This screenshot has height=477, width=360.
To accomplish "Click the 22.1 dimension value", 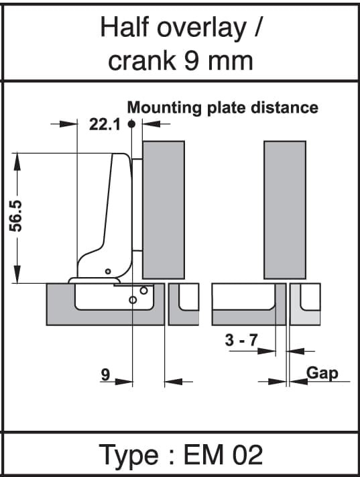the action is point(105,124).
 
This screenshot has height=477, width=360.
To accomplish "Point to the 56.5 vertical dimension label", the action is point(16,216).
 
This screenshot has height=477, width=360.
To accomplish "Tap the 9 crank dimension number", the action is point(105,374).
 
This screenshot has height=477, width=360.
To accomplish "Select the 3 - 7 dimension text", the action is point(241,339).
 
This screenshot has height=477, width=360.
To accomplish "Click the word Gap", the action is point(322,373).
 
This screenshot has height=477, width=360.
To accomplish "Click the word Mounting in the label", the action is point(164,108).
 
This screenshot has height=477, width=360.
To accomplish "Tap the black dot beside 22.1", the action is point(131,124).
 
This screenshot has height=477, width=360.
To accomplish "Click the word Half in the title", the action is point(125,28).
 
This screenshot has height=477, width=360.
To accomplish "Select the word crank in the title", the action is point(142,61).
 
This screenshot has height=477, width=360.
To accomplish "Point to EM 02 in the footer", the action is point(223,455).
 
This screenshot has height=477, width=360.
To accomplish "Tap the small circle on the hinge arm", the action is point(108,271).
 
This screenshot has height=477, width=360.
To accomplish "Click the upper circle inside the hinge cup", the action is point(143,290).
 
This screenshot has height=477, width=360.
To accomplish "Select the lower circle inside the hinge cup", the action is point(133,301).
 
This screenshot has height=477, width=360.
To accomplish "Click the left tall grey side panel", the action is point(164,210).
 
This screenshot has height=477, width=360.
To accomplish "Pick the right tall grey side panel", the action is point(285,210).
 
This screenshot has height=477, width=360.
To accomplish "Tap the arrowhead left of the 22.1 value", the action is point(68,124).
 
